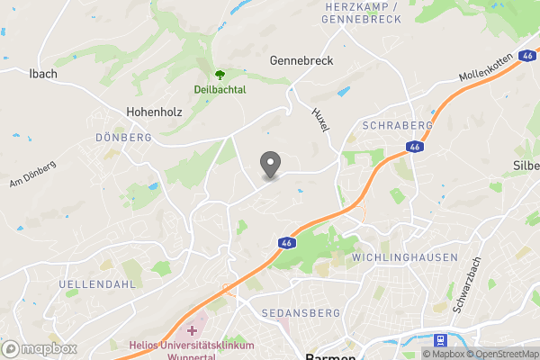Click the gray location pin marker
pos(270,165)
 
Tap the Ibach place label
pos(43,73)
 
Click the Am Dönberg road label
pos(33,174)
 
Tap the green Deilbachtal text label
pos(219,90)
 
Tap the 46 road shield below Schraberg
pos(414,147)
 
